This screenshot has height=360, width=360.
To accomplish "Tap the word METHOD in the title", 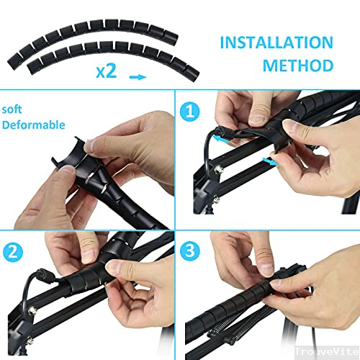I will (297, 66).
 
